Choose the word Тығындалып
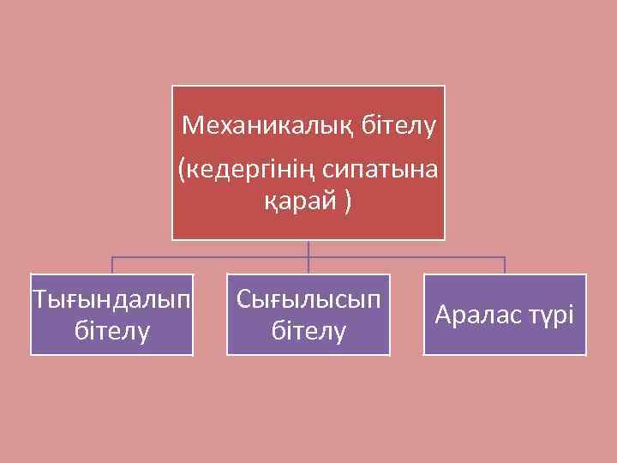pyautogui.click(x=112, y=300)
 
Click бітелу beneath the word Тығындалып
pyautogui.click(x=112, y=329)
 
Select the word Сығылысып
pyautogui.click(x=308, y=300)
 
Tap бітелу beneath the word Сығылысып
pyautogui.click(x=308, y=329)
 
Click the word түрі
pyautogui.click(x=550, y=315)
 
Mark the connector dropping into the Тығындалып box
pyautogui.click(x=112, y=265)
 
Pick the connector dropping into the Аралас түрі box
pyautogui.click(x=505, y=265)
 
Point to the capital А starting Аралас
pyautogui.click(x=443, y=315)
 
